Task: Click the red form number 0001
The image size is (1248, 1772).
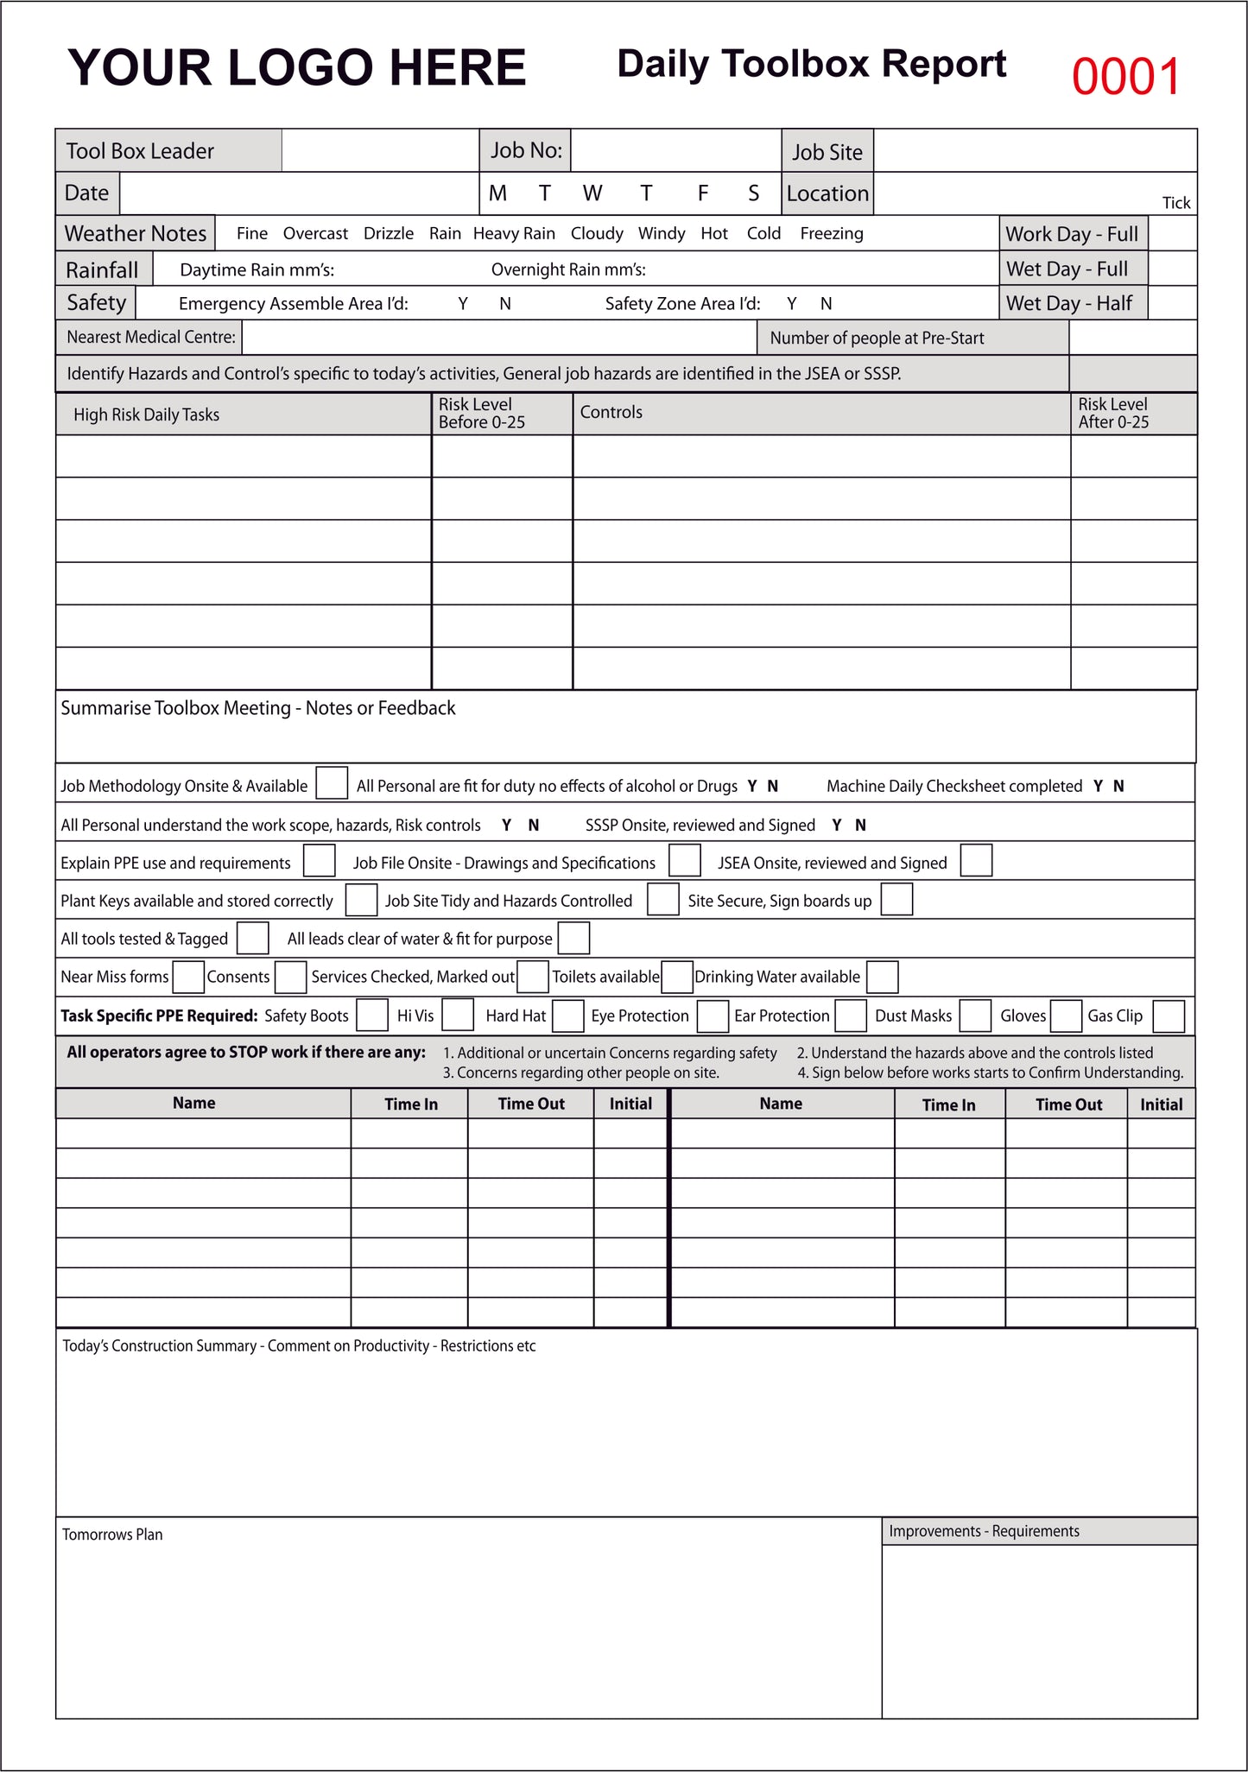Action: [x=1125, y=77]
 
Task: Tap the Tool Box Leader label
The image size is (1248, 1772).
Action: [x=140, y=151]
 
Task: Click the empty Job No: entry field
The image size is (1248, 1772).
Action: [x=675, y=151]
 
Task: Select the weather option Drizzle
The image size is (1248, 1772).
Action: [x=389, y=234]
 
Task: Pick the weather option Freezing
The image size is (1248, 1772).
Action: [x=831, y=234]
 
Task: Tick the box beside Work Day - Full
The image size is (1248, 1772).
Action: [x=1172, y=234]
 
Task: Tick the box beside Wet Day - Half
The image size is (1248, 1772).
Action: [x=1172, y=303]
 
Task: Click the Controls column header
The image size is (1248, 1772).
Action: [x=611, y=413]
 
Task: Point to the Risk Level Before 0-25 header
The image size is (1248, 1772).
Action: [x=481, y=414]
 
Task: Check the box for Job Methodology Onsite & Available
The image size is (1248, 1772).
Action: [x=332, y=783]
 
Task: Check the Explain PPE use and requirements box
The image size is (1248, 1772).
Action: [x=320, y=861]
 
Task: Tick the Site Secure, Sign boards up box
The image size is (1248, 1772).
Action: [x=896, y=899]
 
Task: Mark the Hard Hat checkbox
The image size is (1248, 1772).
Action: [x=567, y=1016]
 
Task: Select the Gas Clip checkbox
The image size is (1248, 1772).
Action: [x=1168, y=1016]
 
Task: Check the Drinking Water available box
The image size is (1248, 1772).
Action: [x=882, y=977]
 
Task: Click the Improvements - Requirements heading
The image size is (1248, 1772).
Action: [x=984, y=1531]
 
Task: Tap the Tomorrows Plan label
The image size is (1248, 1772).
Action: [x=112, y=1535]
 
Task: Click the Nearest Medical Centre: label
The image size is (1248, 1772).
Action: [x=151, y=338]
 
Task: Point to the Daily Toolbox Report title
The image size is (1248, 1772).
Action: [x=811, y=65]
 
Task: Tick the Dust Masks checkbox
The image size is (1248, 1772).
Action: [x=975, y=1016]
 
